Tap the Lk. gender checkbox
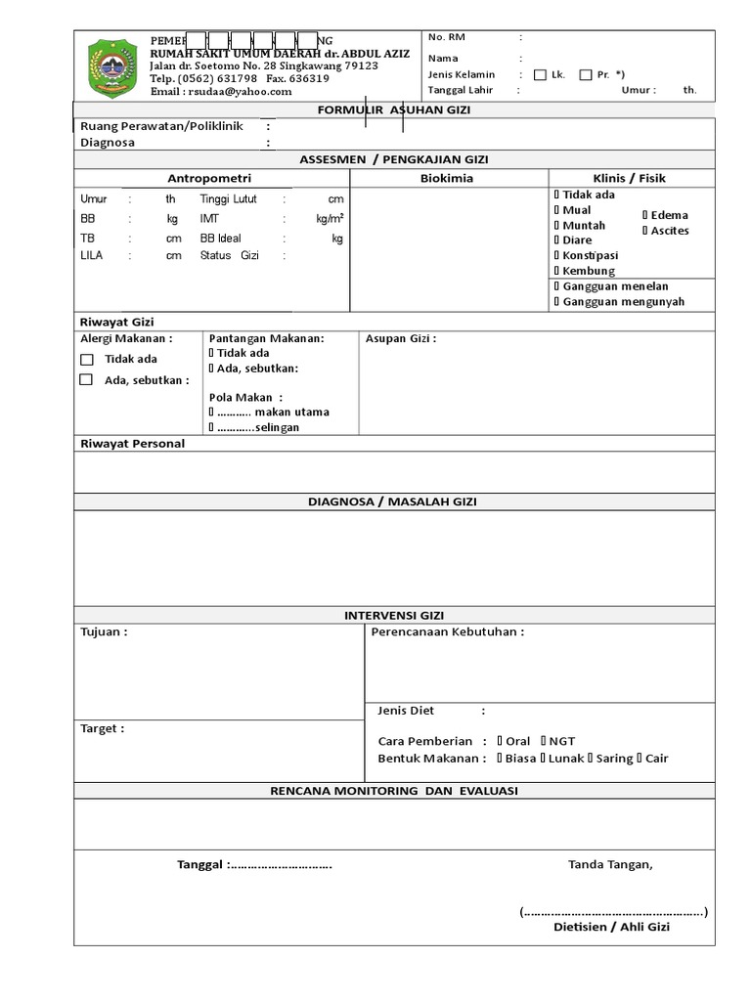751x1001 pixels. pos(541,74)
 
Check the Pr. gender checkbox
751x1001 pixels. pos(586,74)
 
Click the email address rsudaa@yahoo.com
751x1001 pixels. pos(221,92)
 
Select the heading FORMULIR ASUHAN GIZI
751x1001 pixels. pos(394,109)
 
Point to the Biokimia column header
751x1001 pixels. pos(447,178)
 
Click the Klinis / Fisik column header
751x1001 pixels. pos(630,178)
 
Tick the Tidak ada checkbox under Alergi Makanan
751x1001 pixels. pos(86,359)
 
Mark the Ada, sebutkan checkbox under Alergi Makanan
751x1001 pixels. pos(86,379)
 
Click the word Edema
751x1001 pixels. pos(669,215)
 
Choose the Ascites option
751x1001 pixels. pos(669,231)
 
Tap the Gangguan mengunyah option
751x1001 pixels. pos(623,301)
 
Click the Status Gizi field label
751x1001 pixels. pos(229,255)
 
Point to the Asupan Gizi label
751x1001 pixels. pos(400,339)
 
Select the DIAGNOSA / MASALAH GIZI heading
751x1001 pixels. pos(393,501)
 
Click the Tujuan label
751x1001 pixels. pos(103,631)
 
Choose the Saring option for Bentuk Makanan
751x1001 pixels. pos(614,758)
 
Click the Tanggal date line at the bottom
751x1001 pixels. pos(254,864)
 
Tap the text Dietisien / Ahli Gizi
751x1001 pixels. pos(611,927)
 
